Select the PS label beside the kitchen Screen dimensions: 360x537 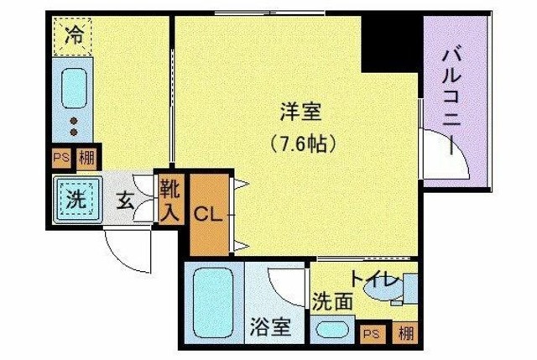(61, 157)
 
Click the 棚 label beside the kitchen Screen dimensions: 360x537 (85, 157)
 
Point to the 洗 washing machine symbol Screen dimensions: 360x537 (76, 201)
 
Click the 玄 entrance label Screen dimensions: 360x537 (125, 201)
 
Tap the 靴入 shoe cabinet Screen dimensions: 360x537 (169, 199)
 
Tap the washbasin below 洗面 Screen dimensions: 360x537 (331, 329)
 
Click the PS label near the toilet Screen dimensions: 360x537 (370, 333)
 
